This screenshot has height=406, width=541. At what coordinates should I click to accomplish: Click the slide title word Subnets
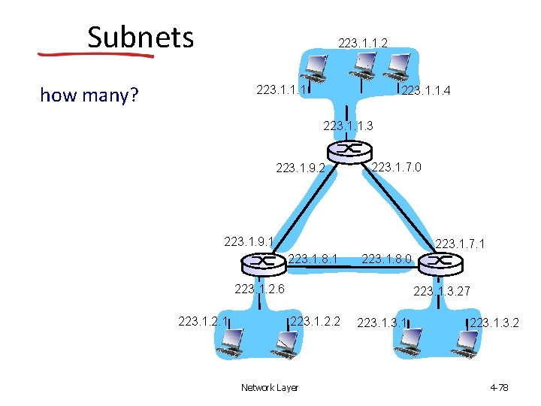tap(141, 37)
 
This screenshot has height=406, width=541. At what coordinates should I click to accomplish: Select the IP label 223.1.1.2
tap(363, 44)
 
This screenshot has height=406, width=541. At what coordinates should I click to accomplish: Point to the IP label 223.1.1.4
tap(426, 92)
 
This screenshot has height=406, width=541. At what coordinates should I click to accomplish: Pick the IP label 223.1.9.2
tap(301, 168)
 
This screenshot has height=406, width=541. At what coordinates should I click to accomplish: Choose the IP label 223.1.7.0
tap(396, 166)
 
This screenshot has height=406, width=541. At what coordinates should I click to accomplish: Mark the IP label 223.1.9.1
tap(249, 242)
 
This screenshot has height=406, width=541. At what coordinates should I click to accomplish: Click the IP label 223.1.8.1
tap(313, 259)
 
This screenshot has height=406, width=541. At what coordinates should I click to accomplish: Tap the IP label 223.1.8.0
tap(386, 259)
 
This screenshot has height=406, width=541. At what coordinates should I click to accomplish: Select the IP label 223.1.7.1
tap(460, 244)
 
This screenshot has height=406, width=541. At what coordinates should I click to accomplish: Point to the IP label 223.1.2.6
tap(259, 289)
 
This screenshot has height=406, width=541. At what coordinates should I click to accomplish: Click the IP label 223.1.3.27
tap(442, 291)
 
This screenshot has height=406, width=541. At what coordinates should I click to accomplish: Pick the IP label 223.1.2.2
tap(316, 322)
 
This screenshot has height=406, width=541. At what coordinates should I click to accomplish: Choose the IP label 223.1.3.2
tap(494, 323)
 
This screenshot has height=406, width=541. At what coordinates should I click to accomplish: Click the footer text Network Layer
tap(269, 387)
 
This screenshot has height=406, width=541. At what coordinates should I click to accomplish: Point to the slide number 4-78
tap(499, 387)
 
